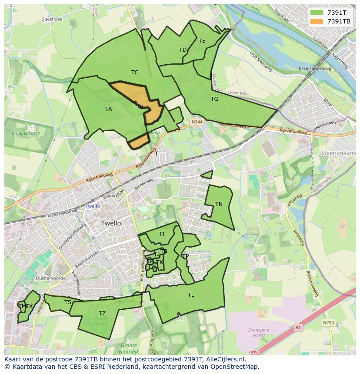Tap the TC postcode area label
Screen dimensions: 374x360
click(135, 73)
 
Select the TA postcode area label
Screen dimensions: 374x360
click(108, 109)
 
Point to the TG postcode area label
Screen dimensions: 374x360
click(214, 99)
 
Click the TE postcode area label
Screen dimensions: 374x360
click(202, 41)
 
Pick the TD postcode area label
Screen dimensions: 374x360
click(183, 50)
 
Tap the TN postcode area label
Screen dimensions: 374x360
click(219, 204)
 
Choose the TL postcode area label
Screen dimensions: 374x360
click(191, 295)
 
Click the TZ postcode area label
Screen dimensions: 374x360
click(102, 314)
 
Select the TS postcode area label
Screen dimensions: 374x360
click(67, 302)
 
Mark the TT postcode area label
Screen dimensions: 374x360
click(162, 234)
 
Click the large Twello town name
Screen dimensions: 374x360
click(111, 223)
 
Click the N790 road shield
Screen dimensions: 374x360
click(328, 323)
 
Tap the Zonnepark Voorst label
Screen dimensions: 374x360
click(259, 333)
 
